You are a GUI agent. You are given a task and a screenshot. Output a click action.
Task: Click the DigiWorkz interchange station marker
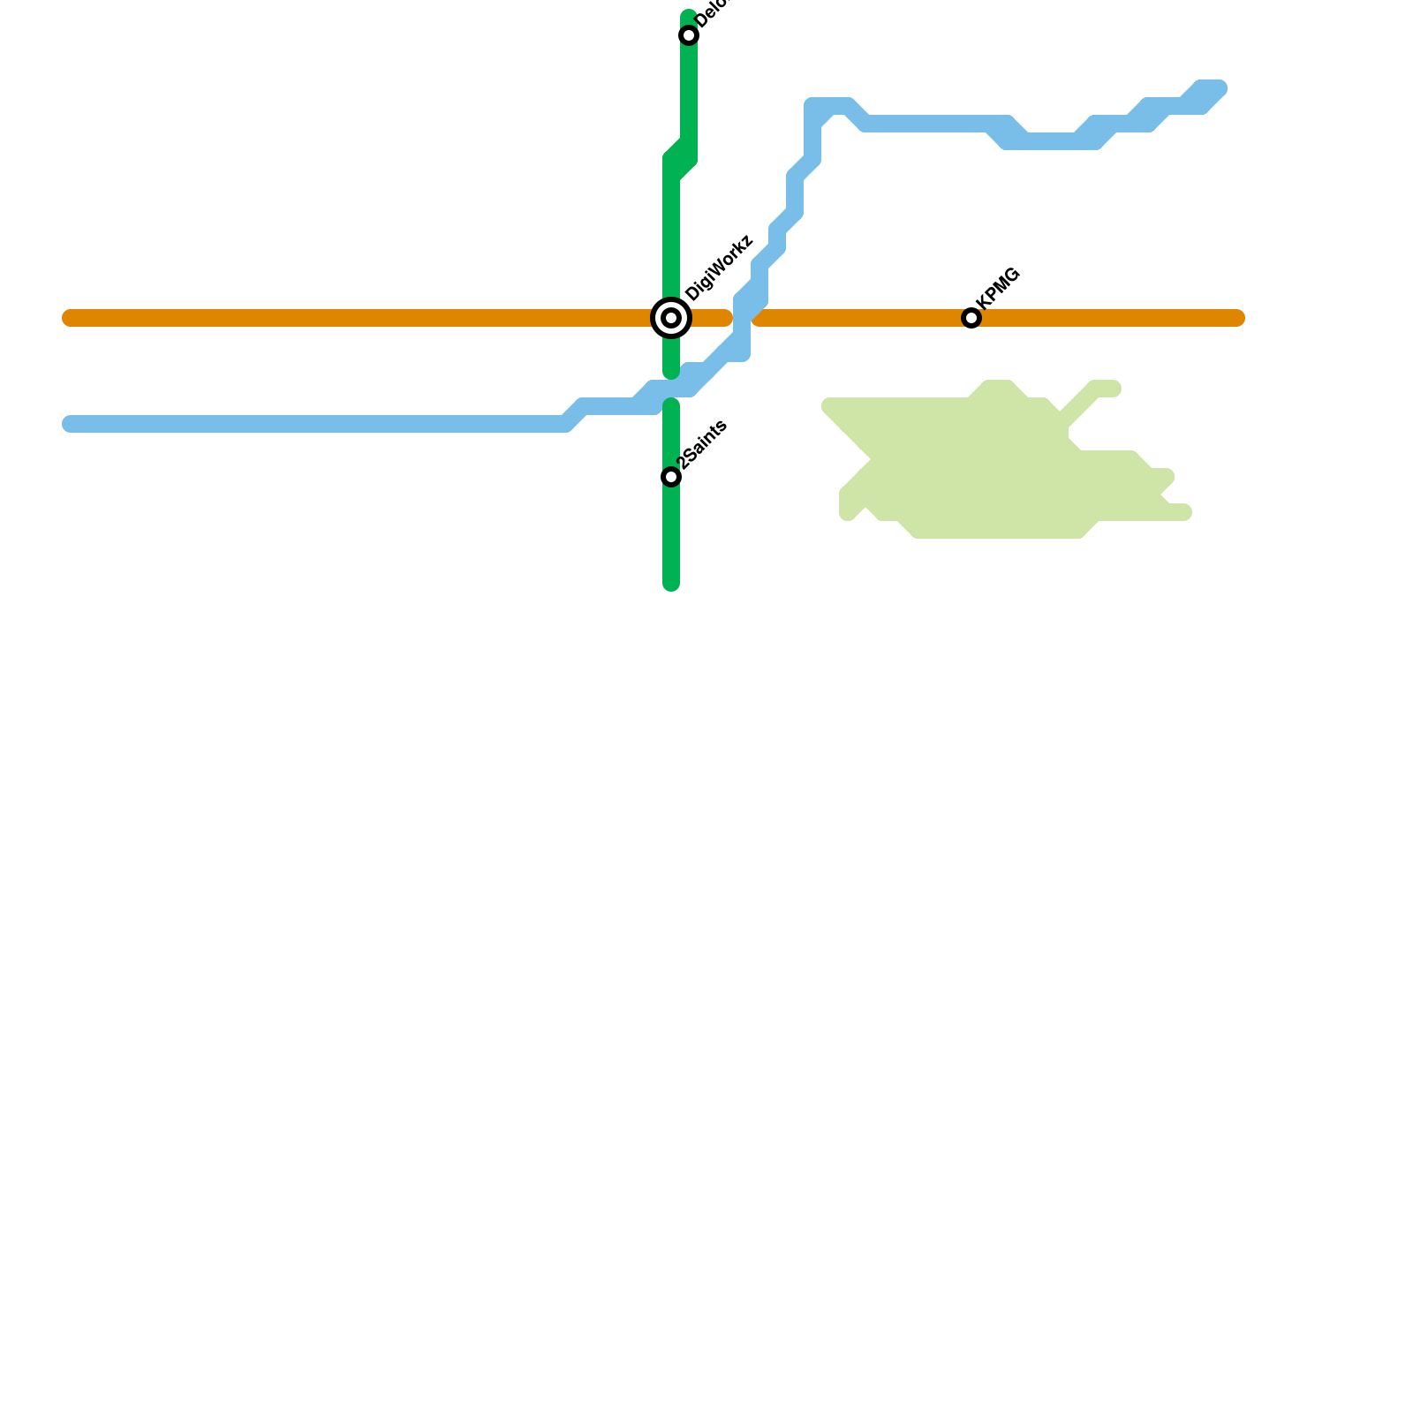click(x=671, y=318)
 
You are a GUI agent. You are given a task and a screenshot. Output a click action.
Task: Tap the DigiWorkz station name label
click(x=718, y=268)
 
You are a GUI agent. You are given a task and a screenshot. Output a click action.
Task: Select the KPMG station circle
click(x=971, y=318)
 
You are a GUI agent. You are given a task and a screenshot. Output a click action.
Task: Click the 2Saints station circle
click(x=671, y=477)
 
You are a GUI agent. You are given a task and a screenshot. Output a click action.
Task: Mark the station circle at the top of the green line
click(x=689, y=35)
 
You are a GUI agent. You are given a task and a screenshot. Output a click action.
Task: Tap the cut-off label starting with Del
click(x=711, y=13)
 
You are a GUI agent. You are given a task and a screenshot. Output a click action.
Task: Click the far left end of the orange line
click(x=69, y=318)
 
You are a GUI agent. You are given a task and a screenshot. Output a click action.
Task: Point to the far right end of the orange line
click(x=1238, y=318)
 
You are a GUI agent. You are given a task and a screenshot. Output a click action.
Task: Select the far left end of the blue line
click(x=69, y=424)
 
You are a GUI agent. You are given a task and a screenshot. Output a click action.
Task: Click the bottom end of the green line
click(x=671, y=584)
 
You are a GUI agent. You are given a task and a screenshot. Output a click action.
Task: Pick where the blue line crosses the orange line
click(x=744, y=318)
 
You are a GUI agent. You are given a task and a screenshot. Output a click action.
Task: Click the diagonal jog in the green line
click(x=680, y=159)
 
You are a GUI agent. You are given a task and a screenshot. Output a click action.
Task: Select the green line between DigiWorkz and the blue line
click(x=671, y=358)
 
